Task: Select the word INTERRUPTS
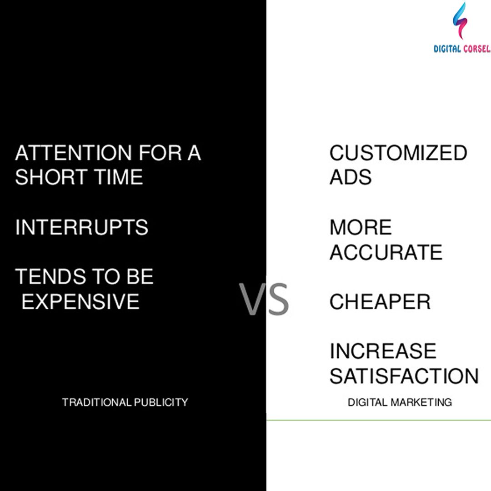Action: click(82, 227)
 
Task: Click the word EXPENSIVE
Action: click(80, 301)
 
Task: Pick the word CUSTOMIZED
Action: click(398, 153)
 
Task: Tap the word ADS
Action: click(351, 177)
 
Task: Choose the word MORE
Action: click(361, 227)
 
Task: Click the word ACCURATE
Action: click(386, 252)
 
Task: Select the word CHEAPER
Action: click(380, 302)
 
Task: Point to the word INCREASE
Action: click(383, 351)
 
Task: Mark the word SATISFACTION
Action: click(404, 376)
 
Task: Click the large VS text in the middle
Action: click(265, 300)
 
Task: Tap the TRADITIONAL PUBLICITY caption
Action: click(125, 402)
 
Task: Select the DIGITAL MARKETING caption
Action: click(400, 402)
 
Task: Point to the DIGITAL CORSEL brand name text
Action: click(462, 49)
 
